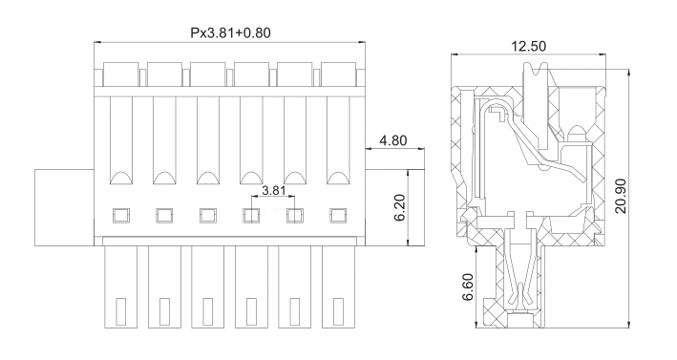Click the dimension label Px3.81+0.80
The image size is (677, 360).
[x=230, y=32]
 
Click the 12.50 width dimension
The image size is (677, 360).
[x=528, y=46]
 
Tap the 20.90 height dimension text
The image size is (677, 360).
[x=621, y=196]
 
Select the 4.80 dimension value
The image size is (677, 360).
[x=392, y=140]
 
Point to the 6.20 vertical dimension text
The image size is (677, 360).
[x=399, y=207]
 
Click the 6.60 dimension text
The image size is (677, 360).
[x=468, y=286]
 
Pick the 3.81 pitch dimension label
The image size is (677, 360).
[x=274, y=190]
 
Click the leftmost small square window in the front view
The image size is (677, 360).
[x=121, y=216]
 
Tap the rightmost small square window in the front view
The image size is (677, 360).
[x=338, y=216]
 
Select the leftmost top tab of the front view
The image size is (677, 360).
[x=121, y=74]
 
